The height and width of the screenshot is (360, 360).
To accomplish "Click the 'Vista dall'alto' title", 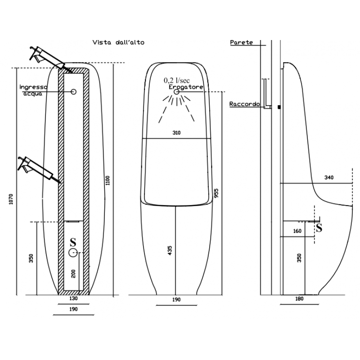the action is tap(118, 42).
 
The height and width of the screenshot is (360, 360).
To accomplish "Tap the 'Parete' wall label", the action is tap(241, 42).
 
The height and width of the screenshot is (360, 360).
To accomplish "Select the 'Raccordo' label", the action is tap(244, 104).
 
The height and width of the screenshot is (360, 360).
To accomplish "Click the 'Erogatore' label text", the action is tap(186, 87).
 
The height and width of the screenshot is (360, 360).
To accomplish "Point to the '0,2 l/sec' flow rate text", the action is tap(177, 81).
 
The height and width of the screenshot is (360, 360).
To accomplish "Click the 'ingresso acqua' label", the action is tap(33, 90).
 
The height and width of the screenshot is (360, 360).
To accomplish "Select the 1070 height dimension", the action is tap(11, 199).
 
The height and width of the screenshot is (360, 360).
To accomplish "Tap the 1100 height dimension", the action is tap(108, 180).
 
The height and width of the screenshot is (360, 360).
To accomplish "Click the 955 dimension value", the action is tap(216, 193).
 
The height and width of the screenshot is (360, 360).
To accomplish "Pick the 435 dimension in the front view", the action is tap(170, 251).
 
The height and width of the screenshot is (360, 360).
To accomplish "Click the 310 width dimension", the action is tap(176, 133).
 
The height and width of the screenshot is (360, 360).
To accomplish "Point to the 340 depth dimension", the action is tap(329, 177).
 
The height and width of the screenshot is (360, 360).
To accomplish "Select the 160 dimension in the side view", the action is tap(297, 231).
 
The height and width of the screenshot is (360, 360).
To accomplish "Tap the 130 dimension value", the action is tap(73, 298).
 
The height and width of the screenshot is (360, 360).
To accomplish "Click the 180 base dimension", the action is tap(299, 299).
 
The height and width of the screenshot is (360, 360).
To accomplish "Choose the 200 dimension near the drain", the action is tap(73, 274).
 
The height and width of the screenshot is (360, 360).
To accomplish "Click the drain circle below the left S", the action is tap(73, 252).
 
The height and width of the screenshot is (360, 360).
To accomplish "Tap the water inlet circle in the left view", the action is tap(73, 92).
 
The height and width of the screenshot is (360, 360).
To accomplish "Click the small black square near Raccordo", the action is tap(279, 107).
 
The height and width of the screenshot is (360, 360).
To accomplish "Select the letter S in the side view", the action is tap(319, 227).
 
